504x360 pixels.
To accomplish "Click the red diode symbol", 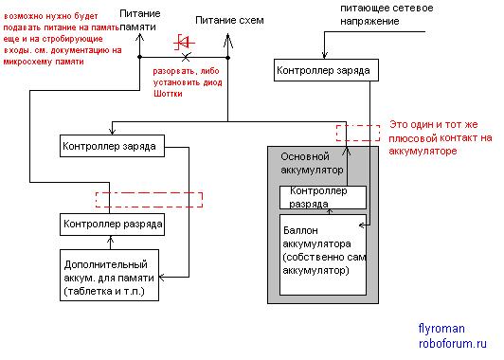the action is pyautogui.click(x=184, y=42).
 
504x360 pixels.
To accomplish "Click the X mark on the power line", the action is pyautogui.click(x=186, y=57).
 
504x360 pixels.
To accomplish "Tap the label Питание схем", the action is pyautogui.click(x=229, y=21).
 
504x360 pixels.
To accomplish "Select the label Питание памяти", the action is pyautogui.click(x=138, y=20).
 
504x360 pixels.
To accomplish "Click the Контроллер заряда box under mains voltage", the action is pyautogui.click(x=326, y=70).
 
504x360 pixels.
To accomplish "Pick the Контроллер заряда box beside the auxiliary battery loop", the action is pyautogui.click(x=112, y=146).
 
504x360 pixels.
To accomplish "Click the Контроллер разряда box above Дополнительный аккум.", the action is pyautogui.click(x=112, y=225).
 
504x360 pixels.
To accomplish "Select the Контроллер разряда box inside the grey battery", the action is pyautogui.click(x=323, y=197).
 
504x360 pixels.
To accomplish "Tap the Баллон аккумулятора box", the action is pyautogui.click(x=323, y=255).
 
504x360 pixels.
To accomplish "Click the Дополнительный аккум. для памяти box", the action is pyautogui.click(x=109, y=275).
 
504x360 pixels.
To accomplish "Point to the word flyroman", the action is pyautogui.click(x=441, y=329).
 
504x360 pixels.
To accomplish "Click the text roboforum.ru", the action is pyautogui.click(x=453, y=343).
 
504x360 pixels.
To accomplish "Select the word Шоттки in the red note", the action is pyautogui.click(x=168, y=94).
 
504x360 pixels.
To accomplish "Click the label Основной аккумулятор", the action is pyautogui.click(x=312, y=163).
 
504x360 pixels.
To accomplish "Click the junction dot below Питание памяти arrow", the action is pyautogui.click(x=139, y=57).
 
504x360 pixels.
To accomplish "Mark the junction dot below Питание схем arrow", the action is pyautogui.click(x=228, y=58).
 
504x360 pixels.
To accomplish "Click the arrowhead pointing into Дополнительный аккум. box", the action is pyautogui.click(x=162, y=277).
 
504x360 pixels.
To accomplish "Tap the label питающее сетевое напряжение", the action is pyautogui.click(x=387, y=14).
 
